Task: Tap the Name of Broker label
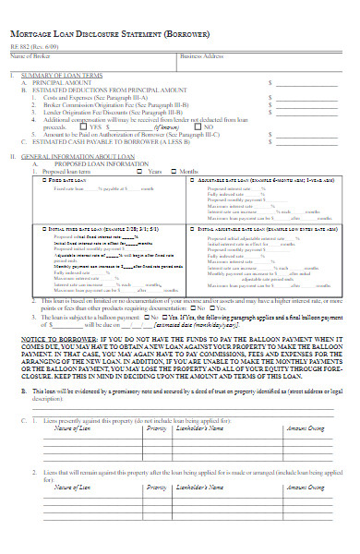30,56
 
